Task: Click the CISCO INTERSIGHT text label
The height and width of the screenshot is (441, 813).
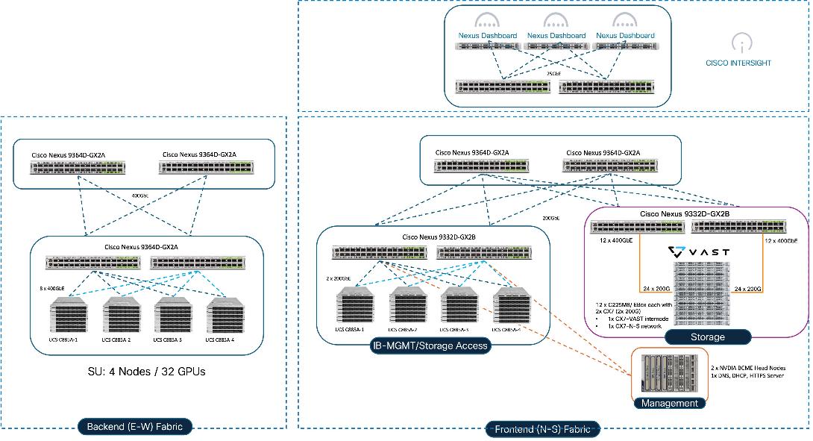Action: pos(738,63)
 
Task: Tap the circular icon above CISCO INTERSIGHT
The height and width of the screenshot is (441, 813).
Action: pos(738,43)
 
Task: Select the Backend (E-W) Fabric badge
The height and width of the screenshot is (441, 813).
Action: pos(135,427)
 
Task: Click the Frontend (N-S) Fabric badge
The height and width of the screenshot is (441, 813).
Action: pos(546,429)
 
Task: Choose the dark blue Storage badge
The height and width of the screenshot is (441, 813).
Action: pos(707,337)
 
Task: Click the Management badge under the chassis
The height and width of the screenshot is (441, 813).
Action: pos(668,403)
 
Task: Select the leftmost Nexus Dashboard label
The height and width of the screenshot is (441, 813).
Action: pos(488,35)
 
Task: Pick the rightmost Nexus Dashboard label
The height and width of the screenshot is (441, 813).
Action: pos(625,35)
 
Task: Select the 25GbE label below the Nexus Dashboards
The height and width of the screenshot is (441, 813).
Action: pos(553,74)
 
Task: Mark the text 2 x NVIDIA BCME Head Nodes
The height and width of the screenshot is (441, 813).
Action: pos(753,368)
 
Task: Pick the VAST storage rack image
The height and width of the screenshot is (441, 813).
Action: pos(698,293)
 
